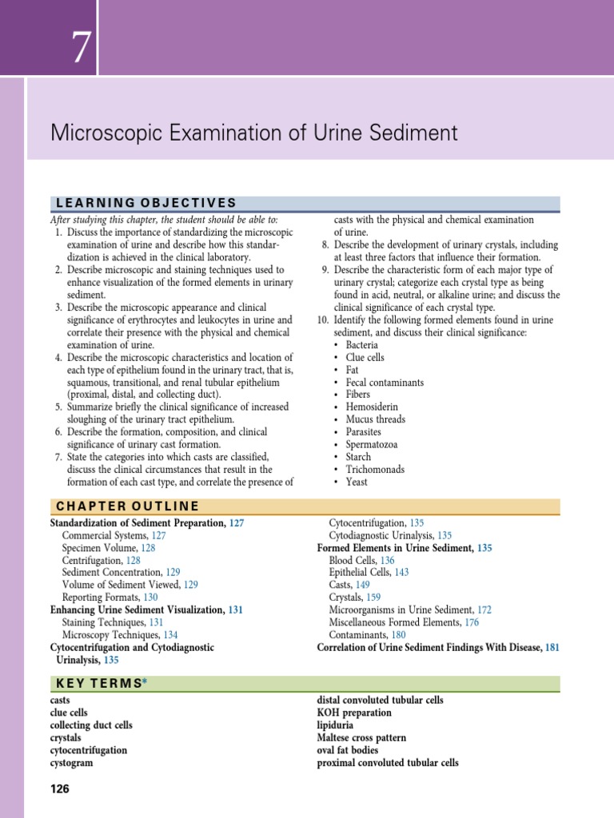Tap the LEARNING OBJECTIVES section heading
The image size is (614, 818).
143,203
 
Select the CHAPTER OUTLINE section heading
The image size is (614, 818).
126,506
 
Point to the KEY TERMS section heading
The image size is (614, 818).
96,683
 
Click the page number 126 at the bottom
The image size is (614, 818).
60,789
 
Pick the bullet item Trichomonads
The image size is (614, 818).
375,470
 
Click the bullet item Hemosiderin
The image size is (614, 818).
372,407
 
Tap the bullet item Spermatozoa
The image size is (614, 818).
372,445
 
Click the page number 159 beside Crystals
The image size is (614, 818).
373,597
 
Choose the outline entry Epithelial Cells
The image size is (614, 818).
360,572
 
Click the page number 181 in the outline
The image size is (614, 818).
552,647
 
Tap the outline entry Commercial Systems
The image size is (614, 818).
104,535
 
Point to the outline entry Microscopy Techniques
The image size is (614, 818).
104,634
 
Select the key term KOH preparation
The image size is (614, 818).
354,713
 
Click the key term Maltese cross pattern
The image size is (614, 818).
361,738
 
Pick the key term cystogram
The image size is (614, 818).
71,763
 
